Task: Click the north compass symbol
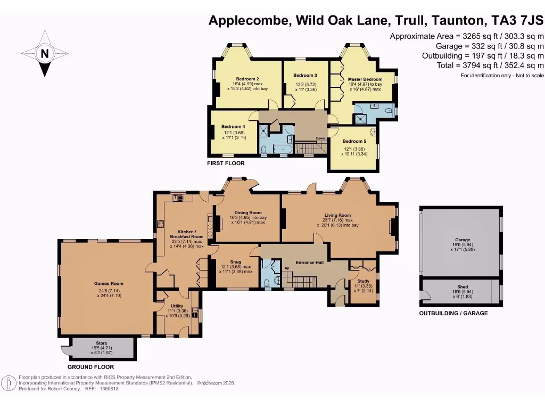tap(45, 53)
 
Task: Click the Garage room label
tap(459, 240)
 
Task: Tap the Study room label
tap(364, 281)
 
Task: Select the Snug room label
tap(236, 262)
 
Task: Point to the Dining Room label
tap(248, 212)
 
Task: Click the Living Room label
tap(337, 215)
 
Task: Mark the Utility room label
tap(177, 306)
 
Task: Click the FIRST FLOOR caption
tap(226, 163)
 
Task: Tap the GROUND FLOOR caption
tap(90, 367)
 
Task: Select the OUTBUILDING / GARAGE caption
tap(453, 314)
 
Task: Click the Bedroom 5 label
tap(356, 141)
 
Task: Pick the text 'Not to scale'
tap(527, 76)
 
